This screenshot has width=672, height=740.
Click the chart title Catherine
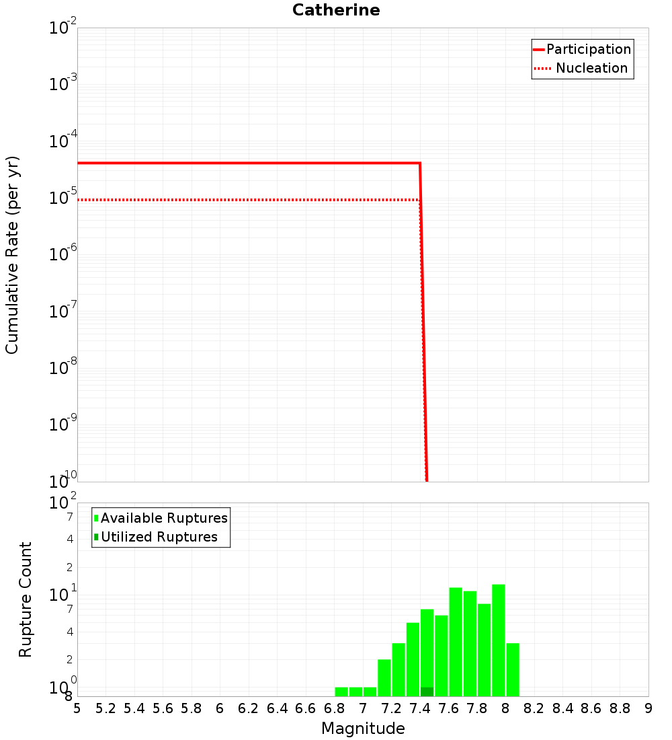pyautogui.click(x=336, y=11)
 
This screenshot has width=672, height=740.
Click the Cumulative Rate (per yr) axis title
pyautogui.click(x=13, y=255)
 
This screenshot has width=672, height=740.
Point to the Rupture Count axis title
pyautogui.click(x=26, y=599)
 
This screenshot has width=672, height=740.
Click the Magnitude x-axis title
pyautogui.click(x=363, y=729)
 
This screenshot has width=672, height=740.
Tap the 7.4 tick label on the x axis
pyautogui.click(x=420, y=708)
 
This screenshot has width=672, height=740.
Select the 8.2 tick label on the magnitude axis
pyautogui.click(x=534, y=708)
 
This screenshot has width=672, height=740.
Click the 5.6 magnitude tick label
pyautogui.click(x=163, y=708)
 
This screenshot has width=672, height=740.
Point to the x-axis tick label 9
pyautogui.click(x=648, y=708)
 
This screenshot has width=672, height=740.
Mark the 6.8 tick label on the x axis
pyautogui.click(x=334, y=708)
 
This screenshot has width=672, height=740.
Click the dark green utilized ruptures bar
pyautogui.click(x=427, y=692)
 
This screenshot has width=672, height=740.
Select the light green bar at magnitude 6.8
pyautogui.click(x=341, y=692)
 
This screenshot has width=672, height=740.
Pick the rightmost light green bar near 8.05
pyautogui.click(x=513, y=669)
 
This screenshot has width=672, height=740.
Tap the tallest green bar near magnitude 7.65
pyautogui.click(x=456, y=642)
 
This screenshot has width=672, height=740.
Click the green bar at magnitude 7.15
pyautogui.click(x=384, y=677)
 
